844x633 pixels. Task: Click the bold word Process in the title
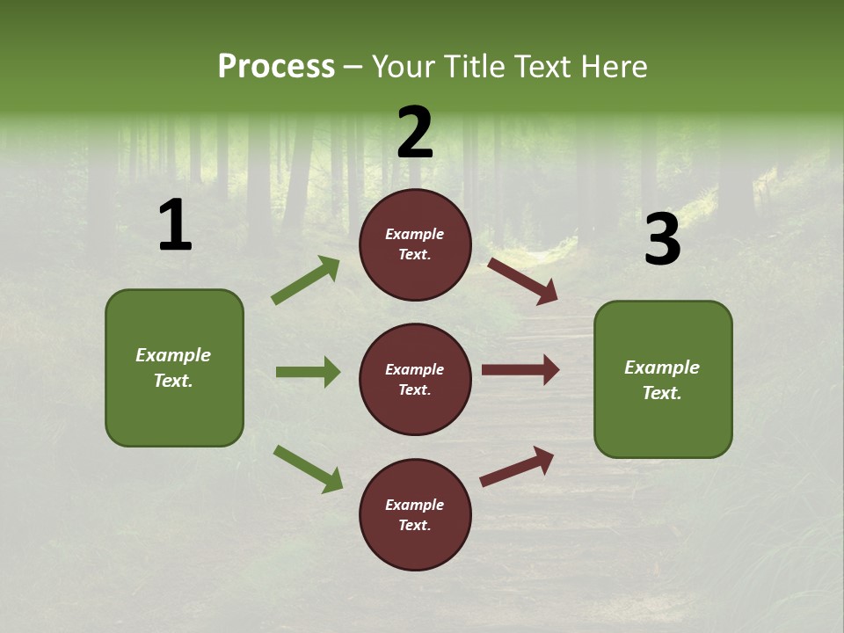tap(276, 67)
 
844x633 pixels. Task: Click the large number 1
tap(175, 226)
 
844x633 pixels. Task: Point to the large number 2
tap(415, 133)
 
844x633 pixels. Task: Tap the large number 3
tap(662, 240)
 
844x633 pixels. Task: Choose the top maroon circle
tap(415, 244)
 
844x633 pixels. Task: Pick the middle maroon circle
tap(415, 379)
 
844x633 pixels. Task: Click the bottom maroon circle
tap(415, 514)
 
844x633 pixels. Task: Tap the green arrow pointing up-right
tap(306, 280)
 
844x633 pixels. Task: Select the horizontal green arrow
tap(308, 372)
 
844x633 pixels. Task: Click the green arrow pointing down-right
tap(308, 469)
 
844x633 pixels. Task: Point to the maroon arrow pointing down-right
tap(522, 281)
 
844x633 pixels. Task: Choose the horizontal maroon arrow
tap(520, 370)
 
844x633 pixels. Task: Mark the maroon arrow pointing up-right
tap(517, 466)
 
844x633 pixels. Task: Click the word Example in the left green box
tap(173, 355)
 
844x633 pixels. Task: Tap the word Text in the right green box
tap(661, 393)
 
